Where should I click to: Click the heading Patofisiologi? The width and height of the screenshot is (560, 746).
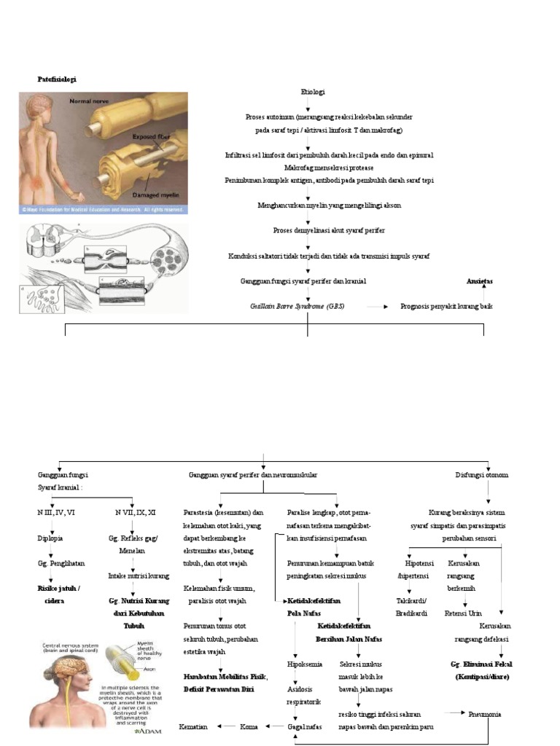pyautogui.click(x=57, y=79)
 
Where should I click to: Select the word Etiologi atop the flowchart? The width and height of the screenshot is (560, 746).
pyautogui.click(x=313, y=93)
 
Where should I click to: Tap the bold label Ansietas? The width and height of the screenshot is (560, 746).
pyautogui.click(x=480, y=280)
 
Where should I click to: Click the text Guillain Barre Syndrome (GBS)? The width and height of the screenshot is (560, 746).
pyautogui.click(x=297, y=307)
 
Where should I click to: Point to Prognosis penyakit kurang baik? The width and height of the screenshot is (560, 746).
pyautogui.click(x=446, y=307)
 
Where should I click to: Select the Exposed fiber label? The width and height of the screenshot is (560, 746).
pyautogui.click(x=154, y=136)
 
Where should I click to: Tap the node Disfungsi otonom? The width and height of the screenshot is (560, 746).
pyautogui.click(x=481, y=475)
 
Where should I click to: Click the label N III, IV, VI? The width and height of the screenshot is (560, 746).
pyautogui.click(x=56, y=512)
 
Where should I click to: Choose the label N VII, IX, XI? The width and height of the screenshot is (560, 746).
pyautogui.click(x=135, y=512)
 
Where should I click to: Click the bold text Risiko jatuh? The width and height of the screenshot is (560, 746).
pyautogui.click(x=58, y=588)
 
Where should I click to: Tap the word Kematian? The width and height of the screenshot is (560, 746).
pyautogui.click(x=193, y=726)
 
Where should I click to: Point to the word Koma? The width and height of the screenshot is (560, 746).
pyautogui.click(x=249, y=726)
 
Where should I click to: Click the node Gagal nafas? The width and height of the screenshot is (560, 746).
pyautogui.click(x=306, y=726)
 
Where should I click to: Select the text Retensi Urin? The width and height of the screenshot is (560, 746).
pyautogui.click(x=464, y=613)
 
